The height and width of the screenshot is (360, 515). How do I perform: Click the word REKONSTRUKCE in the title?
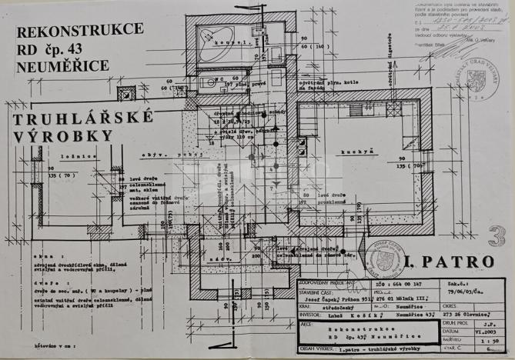pyautogui.click(x=80, y=32)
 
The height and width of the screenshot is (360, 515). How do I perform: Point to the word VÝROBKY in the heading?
pyautogui.click(x=61, y=137)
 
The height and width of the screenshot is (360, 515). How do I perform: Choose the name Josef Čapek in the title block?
pyautogui.click(x=317, y=296)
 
